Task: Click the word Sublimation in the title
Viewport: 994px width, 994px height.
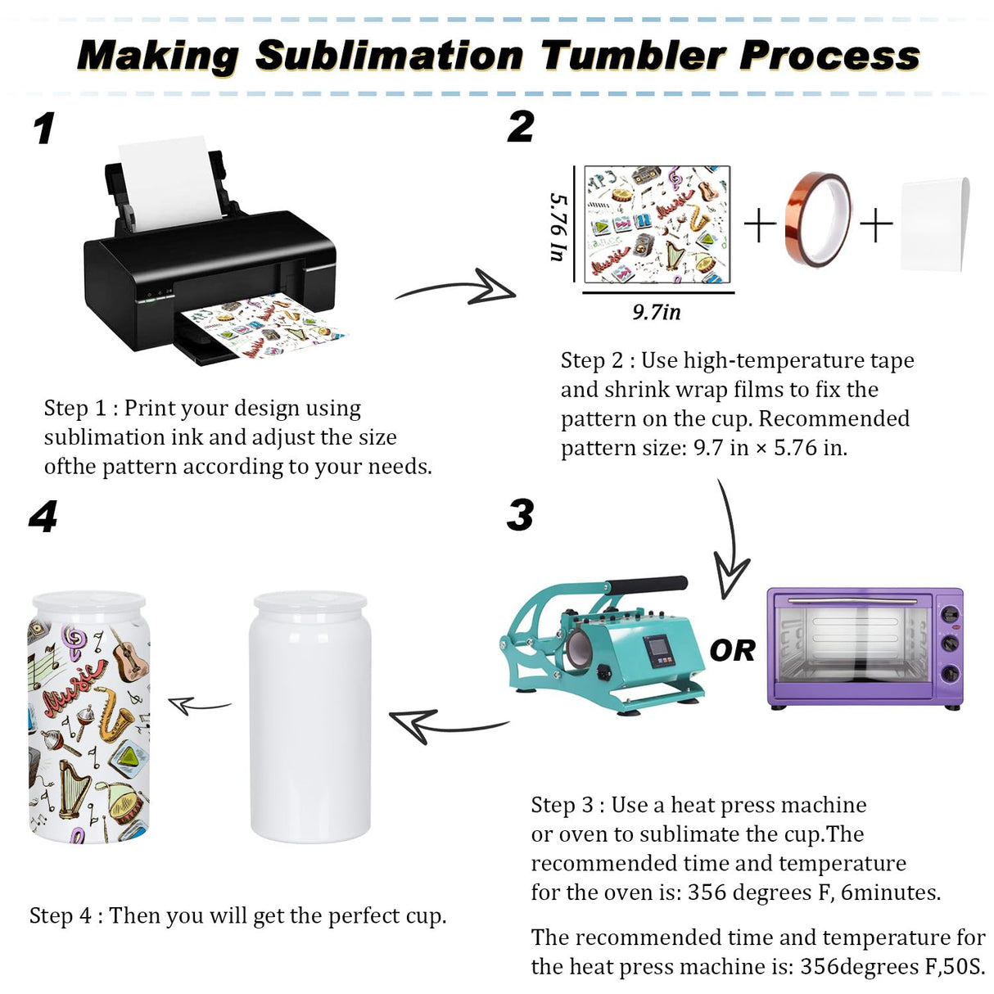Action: pos(389,56)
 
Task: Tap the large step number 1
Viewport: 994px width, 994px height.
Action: pos(45,129)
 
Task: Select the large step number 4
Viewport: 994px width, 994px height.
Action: pos(43,517)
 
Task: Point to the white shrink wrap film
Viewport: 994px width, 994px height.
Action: pos(935,224)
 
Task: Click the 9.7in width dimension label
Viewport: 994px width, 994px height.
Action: pos(656,312)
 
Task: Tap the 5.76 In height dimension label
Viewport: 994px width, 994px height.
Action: pos(558,227)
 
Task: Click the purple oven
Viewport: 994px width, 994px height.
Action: pos(865,647)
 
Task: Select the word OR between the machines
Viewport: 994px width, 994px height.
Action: pos(732,650)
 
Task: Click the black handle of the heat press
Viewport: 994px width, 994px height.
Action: pos(647,585)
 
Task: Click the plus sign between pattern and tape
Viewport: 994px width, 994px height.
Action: pos(760,224)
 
